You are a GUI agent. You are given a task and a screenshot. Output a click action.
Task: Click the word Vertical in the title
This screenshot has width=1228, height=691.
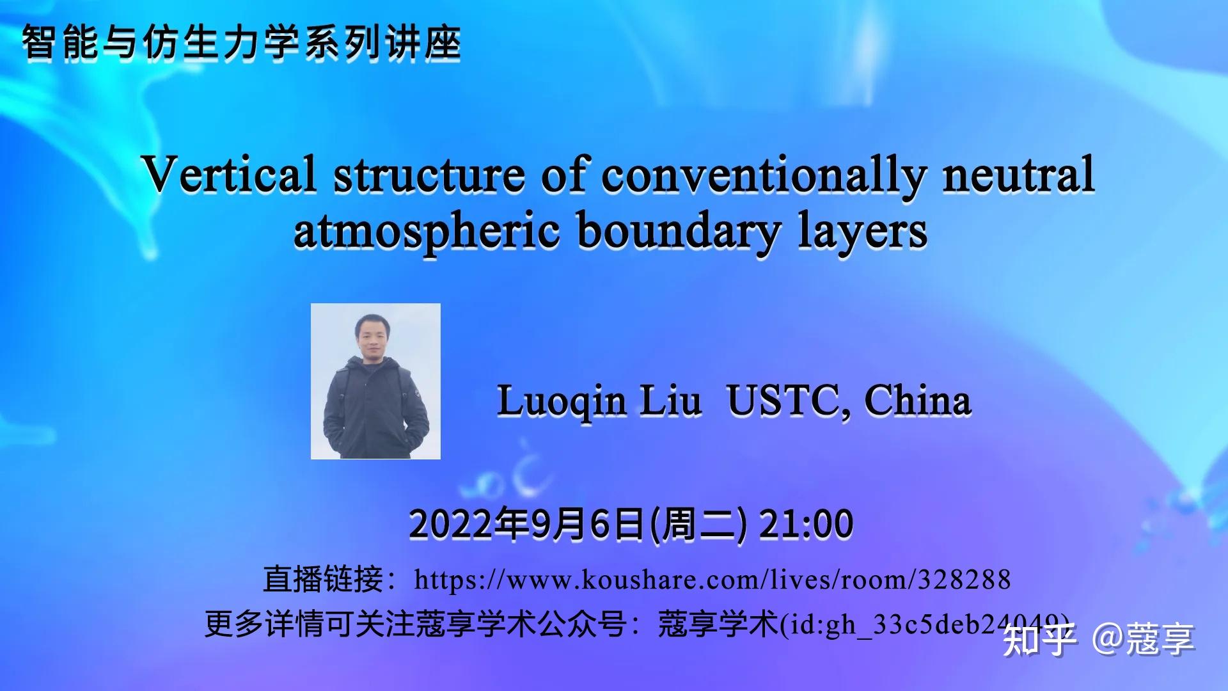[x=229, y=174]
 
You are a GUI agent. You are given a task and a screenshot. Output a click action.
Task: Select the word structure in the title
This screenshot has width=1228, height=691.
[x=429, y=174]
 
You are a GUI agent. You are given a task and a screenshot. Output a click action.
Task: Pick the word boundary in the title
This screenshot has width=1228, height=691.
[x=678, y=232]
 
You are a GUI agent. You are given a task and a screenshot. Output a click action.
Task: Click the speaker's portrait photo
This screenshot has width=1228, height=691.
[x=375, y=381]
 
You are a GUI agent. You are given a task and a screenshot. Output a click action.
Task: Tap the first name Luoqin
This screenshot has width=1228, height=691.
[x=561, y=402]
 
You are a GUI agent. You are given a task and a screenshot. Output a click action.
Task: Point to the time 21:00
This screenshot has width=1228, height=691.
[x=805, y=524]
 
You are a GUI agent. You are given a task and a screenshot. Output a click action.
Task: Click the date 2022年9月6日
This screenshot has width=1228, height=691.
[x=526, y=524]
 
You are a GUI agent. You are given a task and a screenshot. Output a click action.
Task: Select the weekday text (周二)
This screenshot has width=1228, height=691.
[x=698, y=524]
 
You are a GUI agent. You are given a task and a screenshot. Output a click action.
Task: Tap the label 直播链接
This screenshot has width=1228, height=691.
[x=323, y=580]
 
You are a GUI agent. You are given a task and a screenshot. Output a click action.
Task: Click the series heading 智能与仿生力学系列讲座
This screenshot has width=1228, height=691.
[x=241, y=44]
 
